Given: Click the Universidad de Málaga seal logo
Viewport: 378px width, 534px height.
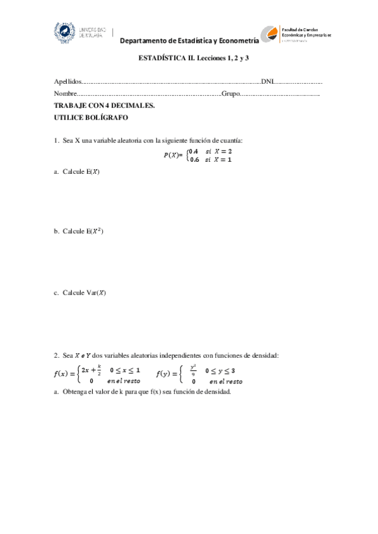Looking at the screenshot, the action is pyautogui.click(x=64, y=31).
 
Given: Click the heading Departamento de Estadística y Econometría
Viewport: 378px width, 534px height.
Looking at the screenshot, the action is pyautogui.click(x=190, y=41).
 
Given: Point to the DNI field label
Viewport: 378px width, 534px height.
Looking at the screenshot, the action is pyautogui.click(x=267, y=82).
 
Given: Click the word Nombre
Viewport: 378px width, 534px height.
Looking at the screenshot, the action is pyautogui.click(x=66, y=93).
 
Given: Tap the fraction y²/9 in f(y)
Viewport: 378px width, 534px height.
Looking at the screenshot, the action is pyautogui.click(x=193, y=370).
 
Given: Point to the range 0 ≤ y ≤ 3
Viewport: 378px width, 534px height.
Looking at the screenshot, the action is pyautogui.click(x=224, y=370).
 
